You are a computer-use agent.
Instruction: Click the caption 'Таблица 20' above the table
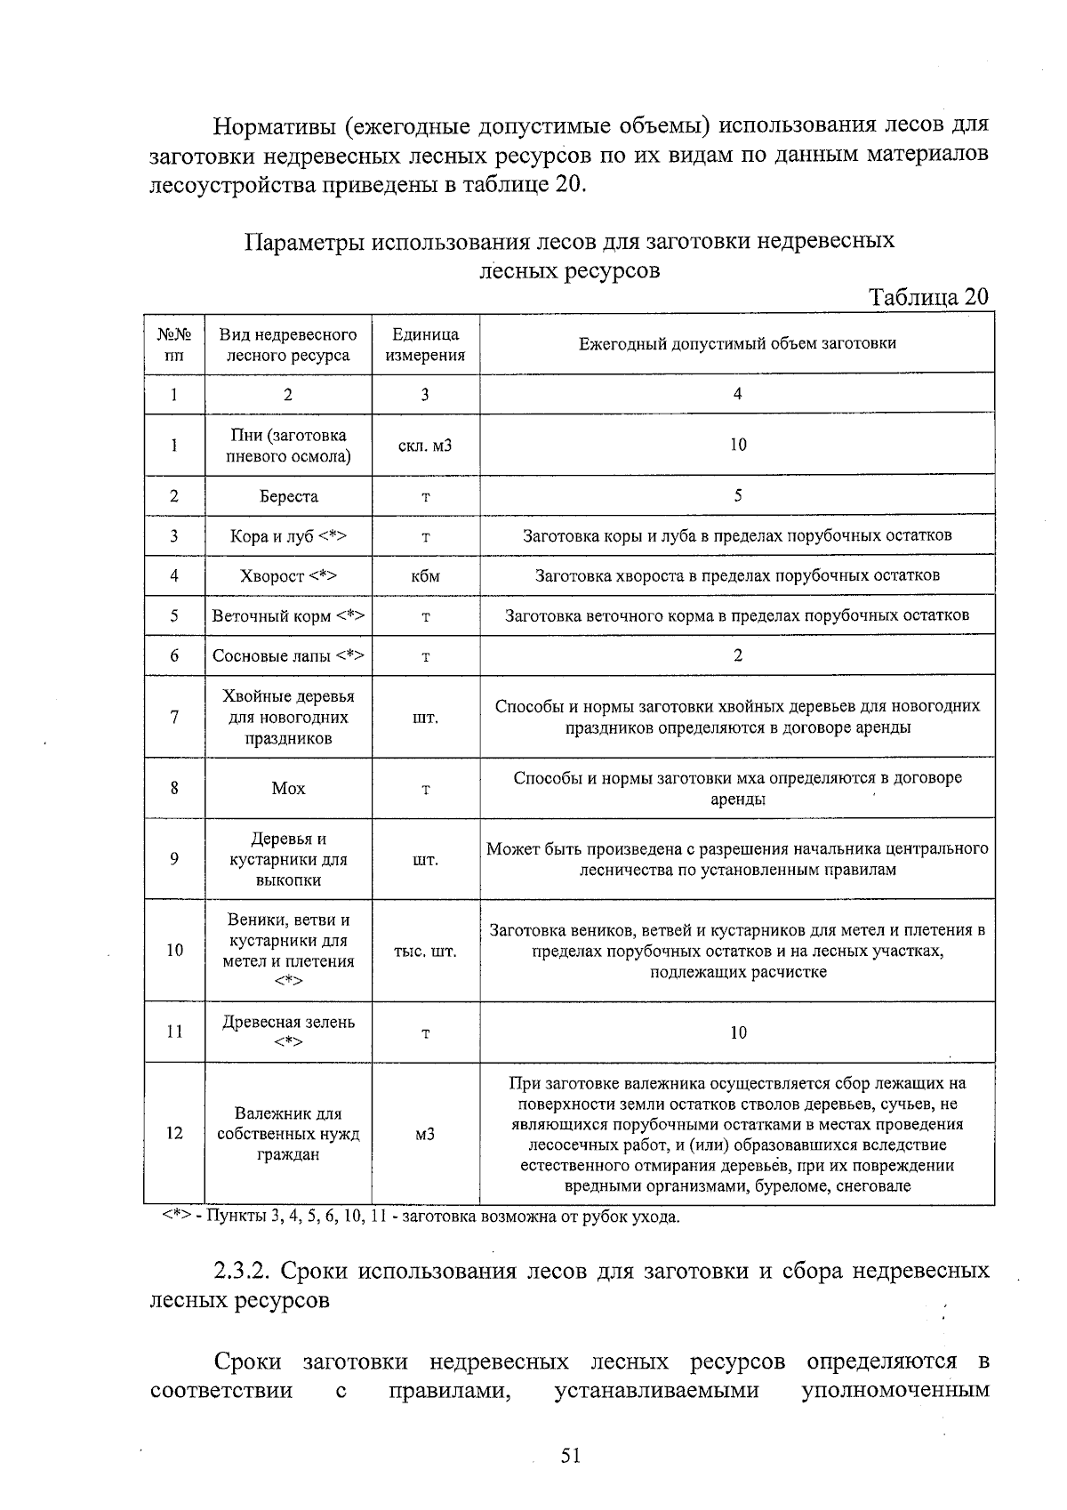[x=928, y=297]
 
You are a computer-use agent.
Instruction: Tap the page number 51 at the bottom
[x=570, y=1456]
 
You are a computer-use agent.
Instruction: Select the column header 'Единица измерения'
[x=425, y=345]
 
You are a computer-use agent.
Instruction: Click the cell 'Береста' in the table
[x=288, y=496]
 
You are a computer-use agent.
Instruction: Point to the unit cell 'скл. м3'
[x=425, y=445]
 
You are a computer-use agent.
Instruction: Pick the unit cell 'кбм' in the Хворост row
[x=425, y=576]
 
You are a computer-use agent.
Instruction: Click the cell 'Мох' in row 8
[x=288, y=788]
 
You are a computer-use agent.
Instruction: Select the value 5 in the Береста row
[x=737, y=495]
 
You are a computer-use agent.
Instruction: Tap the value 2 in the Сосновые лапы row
[x=737, y=655]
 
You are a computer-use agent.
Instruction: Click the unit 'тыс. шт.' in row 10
[x=425, y=952]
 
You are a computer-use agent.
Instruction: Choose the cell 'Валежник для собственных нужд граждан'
[x=288, y=1134]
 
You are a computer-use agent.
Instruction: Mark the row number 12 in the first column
[x=174, y=1134]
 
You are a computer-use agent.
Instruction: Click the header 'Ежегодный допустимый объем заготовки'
[x=737, y=343]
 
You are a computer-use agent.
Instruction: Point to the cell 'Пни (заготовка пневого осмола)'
[x=288, y=446]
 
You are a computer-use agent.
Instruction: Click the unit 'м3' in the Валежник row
[x=425, y=1135]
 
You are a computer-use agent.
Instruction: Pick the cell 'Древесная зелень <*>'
[x=288, y=1032]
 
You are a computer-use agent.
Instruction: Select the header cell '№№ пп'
[x=174, y=345]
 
